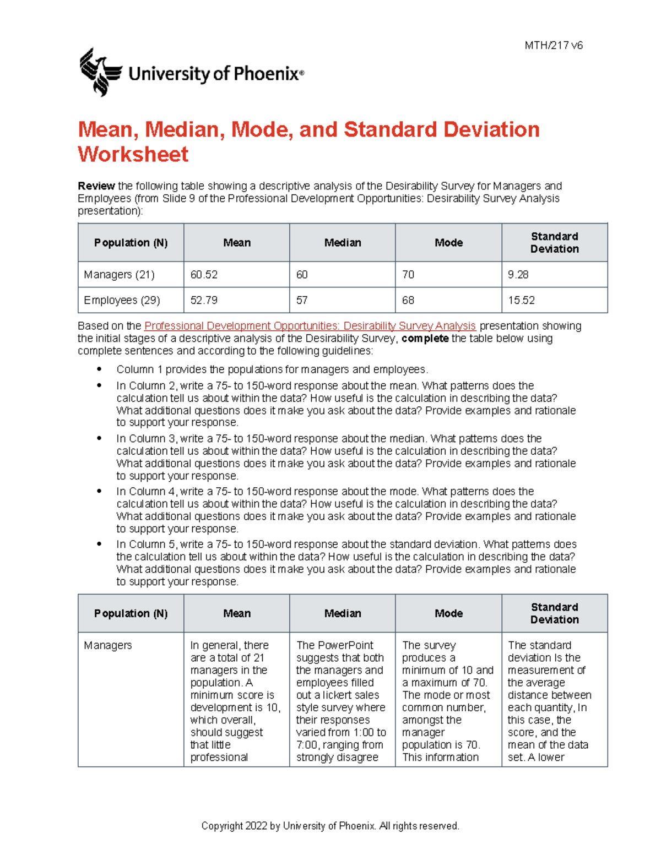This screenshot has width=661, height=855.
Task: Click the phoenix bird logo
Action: (100, 72)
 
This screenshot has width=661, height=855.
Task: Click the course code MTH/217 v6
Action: (553, 46)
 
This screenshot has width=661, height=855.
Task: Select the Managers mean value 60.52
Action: (204, 275)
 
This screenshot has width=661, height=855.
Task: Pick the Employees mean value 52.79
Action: (204, 301)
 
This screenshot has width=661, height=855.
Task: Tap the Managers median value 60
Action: (302, 275)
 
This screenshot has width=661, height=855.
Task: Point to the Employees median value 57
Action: (302, 301)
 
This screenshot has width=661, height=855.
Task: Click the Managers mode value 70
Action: (408, 275)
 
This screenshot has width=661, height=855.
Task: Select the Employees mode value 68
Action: (408, 301)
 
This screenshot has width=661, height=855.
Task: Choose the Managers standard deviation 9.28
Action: (518, 275)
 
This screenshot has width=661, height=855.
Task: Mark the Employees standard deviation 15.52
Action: (521, 301)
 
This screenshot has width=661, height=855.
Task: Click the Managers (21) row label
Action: (119, 275)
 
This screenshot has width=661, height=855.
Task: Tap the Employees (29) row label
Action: (122, 301)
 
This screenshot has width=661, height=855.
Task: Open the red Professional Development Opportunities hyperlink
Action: (310, 326)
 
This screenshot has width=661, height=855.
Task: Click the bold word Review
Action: (96, 186)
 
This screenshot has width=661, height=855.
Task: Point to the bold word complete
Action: (425, 339)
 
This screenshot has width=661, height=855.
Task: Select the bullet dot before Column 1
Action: (99, 369)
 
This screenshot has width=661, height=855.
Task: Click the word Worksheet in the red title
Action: (133, 154)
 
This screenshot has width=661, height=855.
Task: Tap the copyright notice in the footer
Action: (330, 826)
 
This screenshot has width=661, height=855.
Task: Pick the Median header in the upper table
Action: (342, 243)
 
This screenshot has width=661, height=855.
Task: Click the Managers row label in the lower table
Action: (107, 645)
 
